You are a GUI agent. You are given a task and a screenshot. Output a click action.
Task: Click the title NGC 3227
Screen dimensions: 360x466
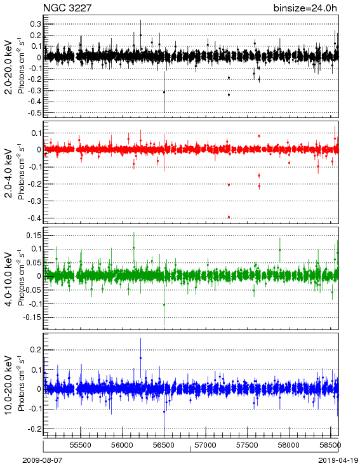(67, 8)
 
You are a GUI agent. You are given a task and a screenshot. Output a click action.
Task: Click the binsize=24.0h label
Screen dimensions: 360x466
(305, 8)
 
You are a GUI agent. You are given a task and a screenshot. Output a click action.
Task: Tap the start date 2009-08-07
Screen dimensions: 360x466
(43, 460)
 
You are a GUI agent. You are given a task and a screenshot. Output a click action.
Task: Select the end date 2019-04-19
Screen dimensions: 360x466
(338, 460)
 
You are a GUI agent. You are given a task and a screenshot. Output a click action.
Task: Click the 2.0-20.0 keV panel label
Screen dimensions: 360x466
(9, 67)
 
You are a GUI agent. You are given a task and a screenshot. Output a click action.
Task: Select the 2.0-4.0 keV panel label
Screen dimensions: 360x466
(9, 173)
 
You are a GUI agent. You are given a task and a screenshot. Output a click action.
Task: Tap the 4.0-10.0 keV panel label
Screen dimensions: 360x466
(9, 279)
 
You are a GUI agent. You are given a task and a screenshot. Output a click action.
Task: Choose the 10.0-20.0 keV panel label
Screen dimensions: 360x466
(9, 385)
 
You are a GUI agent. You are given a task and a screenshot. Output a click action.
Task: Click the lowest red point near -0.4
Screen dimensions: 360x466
(229, 217)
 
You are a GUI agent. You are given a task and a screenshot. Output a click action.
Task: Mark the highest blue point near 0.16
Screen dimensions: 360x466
(140, 358)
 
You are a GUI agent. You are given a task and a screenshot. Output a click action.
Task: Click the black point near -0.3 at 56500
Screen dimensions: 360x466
(164, 92)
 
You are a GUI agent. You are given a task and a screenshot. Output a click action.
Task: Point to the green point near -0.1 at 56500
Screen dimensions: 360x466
(164, 305)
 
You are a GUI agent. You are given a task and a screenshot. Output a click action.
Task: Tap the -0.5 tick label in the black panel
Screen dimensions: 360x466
(35, 113)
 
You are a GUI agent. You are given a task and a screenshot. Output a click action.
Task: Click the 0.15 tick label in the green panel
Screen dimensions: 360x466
(34, 236)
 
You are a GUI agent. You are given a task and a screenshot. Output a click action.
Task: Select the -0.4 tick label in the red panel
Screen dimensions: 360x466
(35, 218)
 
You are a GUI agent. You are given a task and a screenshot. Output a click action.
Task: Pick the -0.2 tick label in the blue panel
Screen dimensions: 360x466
(35, 429)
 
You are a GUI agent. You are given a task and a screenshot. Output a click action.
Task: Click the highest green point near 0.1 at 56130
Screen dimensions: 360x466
(134, 248)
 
